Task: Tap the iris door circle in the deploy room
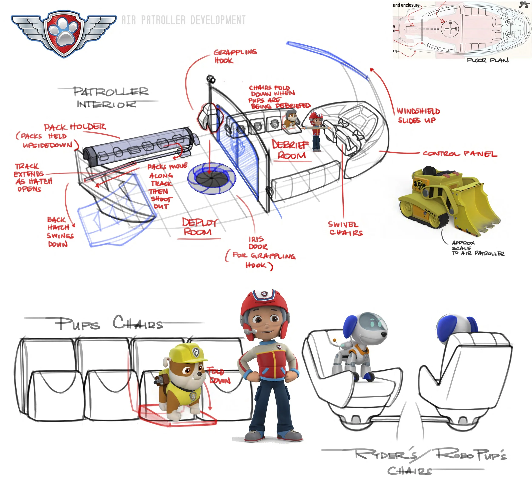tap(211, 178)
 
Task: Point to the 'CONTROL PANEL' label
tap(459, 154)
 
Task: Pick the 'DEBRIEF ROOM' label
tap(291, 150)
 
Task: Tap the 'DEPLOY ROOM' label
tap(199, 227)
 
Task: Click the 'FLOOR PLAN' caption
tap(488, 60)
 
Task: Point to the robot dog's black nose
tap(384, 334)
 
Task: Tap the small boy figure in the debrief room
tap(316, 131)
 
